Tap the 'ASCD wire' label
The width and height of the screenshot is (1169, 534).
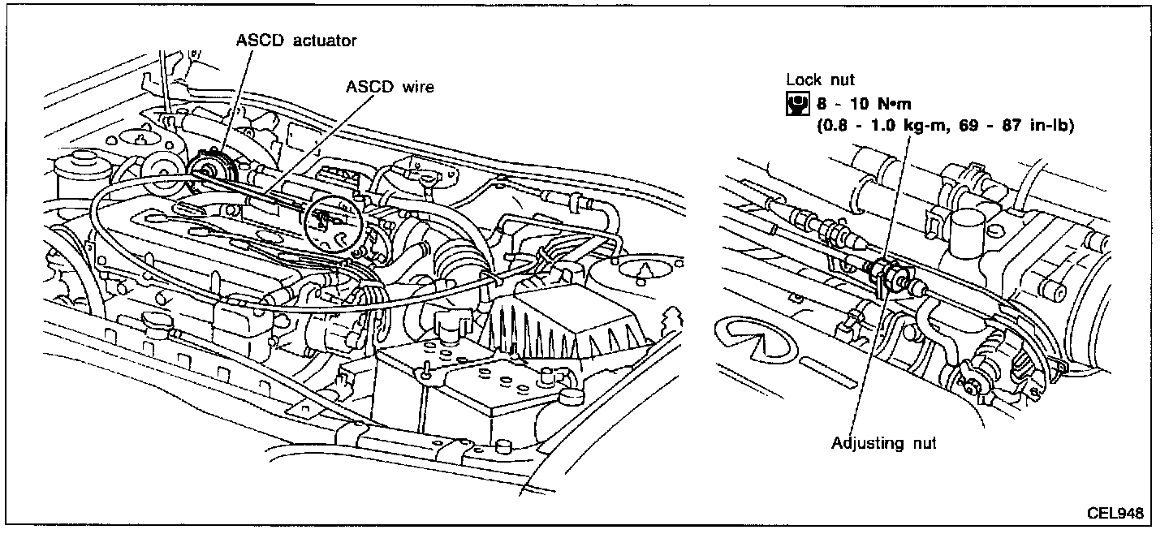coord(390,87)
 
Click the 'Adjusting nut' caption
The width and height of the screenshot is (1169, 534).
coord(884,443)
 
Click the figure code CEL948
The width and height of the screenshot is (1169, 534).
coord(1116,514)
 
